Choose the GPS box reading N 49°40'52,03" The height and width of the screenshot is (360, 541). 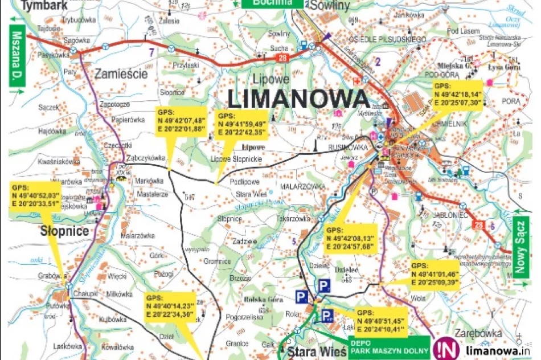[x=35, y=194]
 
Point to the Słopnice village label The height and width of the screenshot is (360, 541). [x=64, y=231]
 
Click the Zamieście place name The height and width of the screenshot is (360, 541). [x=121, y=73]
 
